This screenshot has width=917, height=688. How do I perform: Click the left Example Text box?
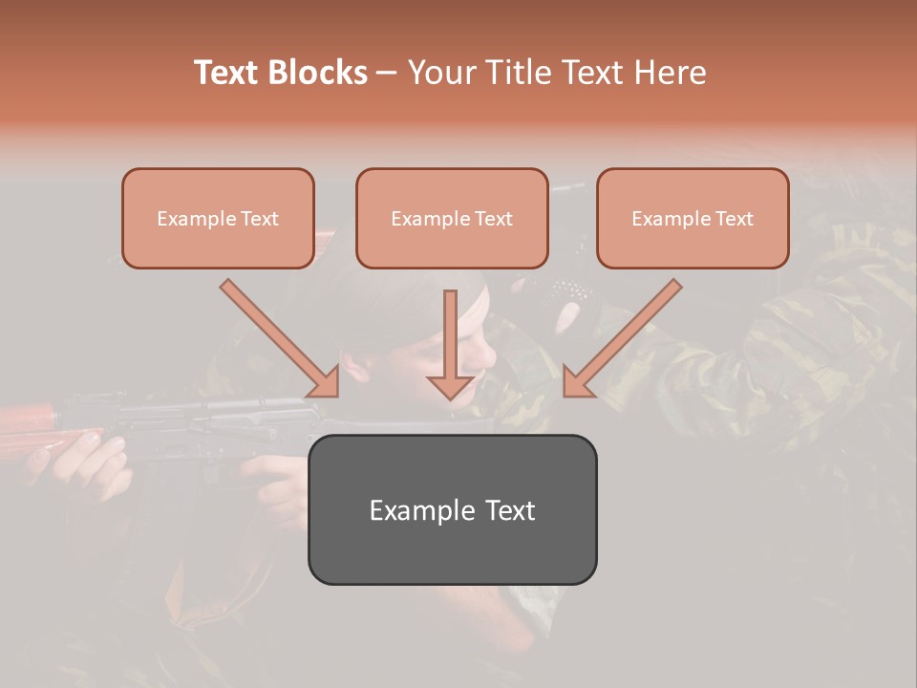(218, 218)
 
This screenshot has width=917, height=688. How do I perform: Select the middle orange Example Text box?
(452, 218)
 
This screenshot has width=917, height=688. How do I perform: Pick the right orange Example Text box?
(693, 218)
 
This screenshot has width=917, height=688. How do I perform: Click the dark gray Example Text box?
(452, 509)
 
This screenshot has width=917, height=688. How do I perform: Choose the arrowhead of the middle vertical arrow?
(451, 385)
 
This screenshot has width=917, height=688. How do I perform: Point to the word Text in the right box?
(734, 219)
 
